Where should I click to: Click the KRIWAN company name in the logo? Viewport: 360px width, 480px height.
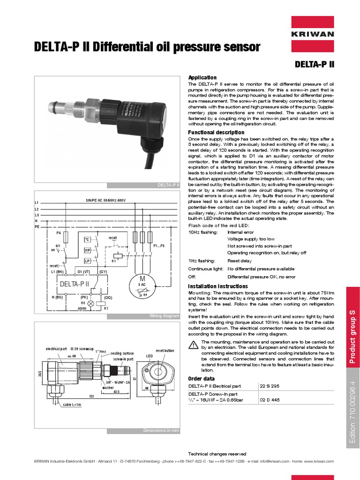pyautogui.click(x=313, y=34)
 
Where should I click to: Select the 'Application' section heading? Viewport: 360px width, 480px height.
pyautogui.click(x=202, y=77)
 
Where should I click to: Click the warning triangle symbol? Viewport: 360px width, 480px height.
pyautogui.click(x=193, y=345)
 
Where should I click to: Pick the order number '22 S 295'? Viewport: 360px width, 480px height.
pyautogui.click(x=270, y=385)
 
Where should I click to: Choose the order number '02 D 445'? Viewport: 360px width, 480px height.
pyautogui.click(x=270, y=400)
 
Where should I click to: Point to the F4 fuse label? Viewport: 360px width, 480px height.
pyautogui.click(x=59, y=232)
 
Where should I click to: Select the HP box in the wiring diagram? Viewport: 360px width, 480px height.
pyautogui.click(x=87, y=250)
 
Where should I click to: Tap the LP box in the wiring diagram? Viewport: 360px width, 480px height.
pyautogui.click(x=87, y=261)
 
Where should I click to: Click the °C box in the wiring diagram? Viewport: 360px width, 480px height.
pyautogui.click(x=87, y=240)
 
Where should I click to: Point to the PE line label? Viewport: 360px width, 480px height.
pyautogui.click(x=37, y=226)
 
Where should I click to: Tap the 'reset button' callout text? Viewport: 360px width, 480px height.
pyautogui.click(x=165, y=351)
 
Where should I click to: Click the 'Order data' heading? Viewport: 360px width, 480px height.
pyautogui.click(x=201, y=378)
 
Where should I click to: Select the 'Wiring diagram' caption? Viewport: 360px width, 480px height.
pyautogui.click(x=164, y=316)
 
